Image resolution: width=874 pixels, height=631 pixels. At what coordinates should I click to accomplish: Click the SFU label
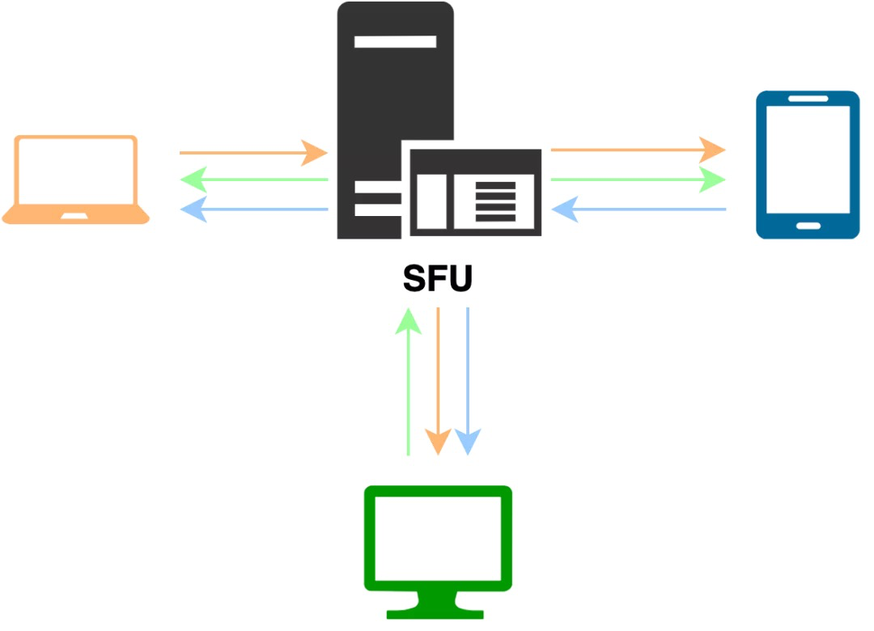pyautogui.click(x=437, y=280)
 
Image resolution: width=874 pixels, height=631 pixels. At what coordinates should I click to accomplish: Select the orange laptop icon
pyautogui.click(x=76, y=180)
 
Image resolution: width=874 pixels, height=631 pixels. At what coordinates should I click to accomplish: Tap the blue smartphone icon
pyautogui.click(x=807, y=165)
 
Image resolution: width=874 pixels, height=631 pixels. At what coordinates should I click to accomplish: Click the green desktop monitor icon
pyautogui.click(x=438, y=550)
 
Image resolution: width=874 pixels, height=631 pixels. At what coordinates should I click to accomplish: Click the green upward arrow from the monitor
pyautogui.click(x=408, y=380)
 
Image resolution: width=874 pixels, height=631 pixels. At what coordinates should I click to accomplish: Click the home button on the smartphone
pyautogui.click(x=807, y=224)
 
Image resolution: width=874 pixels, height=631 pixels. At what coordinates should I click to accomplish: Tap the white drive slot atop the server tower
pyautogui.click(x=395, y=41)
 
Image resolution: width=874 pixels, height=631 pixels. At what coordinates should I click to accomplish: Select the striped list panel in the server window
pyautogui.click(x=494, y=202)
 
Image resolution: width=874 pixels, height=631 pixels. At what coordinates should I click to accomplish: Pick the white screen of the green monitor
pyautogui.click(x=438, y=534)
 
